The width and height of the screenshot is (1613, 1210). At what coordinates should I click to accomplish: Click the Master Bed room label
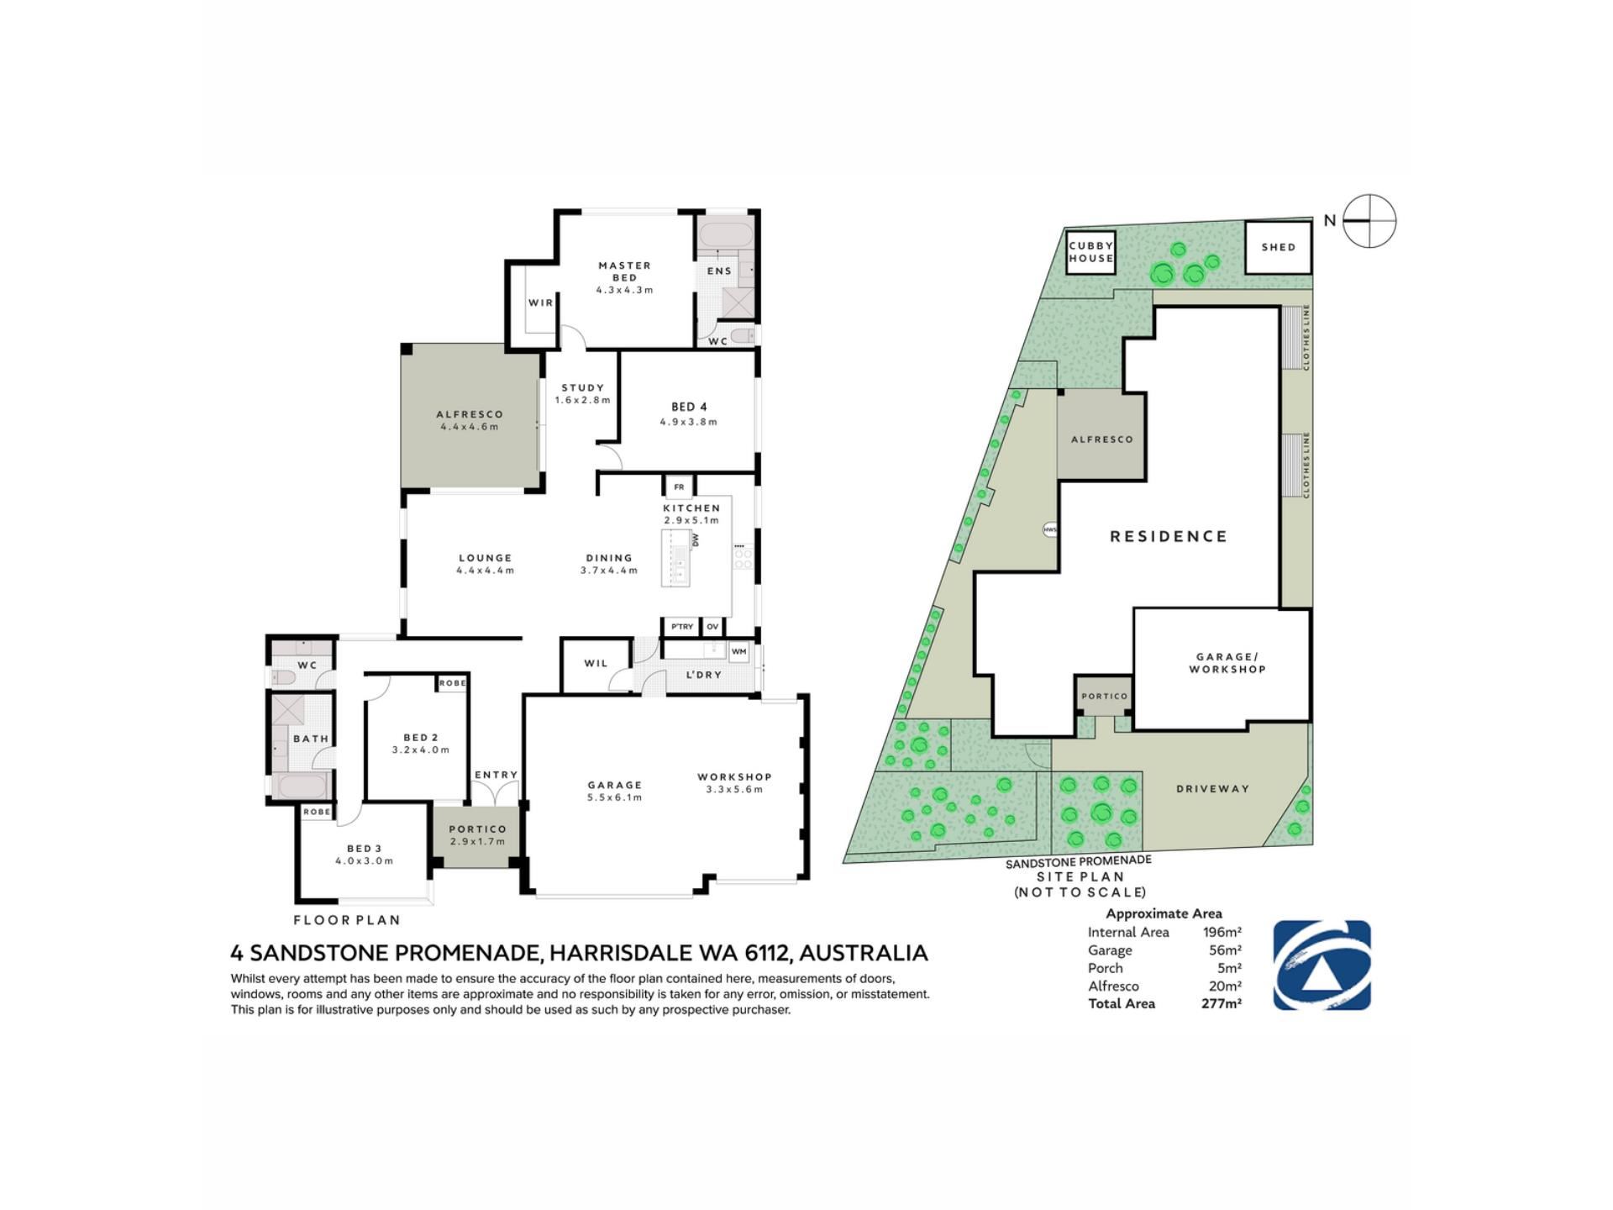tap(624, 271)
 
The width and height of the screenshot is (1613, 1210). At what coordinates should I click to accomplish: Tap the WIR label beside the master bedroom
tap(541, 302)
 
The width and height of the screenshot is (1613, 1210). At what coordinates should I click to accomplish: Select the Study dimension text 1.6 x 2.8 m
tap(582, 400)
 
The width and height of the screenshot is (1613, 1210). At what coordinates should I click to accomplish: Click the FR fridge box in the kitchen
tap(679, 487)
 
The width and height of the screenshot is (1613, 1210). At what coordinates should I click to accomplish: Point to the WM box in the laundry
tap(738, 651)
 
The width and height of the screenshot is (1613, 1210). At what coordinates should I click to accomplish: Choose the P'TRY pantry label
tap(682, 627)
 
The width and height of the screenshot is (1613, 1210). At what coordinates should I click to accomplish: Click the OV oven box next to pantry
tap(712, 627)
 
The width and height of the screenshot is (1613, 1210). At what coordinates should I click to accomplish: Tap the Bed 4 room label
tap(689, 408)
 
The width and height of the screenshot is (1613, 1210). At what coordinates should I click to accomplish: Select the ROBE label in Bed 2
tap(452, 683)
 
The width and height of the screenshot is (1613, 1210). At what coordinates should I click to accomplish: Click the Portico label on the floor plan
tap(477, 829)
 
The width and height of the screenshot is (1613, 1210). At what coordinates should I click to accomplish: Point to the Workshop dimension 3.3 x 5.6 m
tap(734, 789)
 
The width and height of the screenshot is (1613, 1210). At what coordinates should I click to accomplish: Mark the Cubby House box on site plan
tap(1091, 252)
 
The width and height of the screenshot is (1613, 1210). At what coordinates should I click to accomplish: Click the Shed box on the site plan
tap(1278, 247)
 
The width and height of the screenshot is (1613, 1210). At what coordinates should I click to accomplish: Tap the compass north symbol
tap(1369, 221)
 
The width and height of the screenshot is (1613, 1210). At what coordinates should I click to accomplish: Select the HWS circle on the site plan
tap(1050, 530)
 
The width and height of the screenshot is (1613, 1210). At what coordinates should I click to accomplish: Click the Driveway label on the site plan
tap(1212, 789)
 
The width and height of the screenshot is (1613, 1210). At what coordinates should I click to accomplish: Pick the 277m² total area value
tap(1222, 1003)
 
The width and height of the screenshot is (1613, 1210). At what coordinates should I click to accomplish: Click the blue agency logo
tap(1322, 965)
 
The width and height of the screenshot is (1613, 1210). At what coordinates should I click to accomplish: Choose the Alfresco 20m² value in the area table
tap(1225, 986)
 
